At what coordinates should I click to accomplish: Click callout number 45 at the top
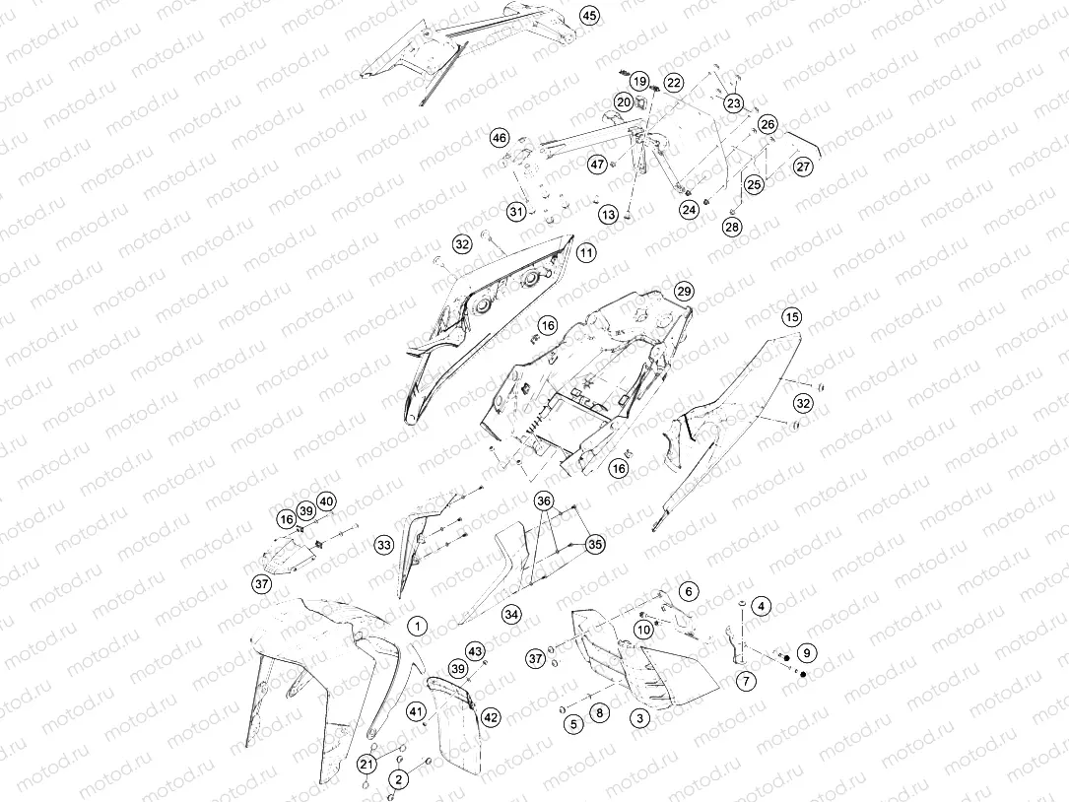590,15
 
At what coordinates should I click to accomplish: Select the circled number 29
684,292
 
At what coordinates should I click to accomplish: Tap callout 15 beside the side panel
791,317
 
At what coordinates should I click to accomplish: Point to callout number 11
586,253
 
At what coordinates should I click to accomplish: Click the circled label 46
500,139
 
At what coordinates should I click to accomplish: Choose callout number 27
804,167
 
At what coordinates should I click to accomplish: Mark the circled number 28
732,227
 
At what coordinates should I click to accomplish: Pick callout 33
384,545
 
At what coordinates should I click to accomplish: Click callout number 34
511,615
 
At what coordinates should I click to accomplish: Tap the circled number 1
417,626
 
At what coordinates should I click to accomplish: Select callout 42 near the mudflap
491,716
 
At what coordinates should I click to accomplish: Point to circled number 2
399,778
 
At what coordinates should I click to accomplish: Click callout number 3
639,717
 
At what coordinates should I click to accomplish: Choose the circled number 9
807,652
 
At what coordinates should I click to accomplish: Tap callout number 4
761,606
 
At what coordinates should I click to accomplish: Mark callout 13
608,214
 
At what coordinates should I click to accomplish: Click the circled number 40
326,501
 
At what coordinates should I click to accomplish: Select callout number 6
688,591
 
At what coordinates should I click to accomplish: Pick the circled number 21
367,763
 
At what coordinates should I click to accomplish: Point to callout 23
734,103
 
